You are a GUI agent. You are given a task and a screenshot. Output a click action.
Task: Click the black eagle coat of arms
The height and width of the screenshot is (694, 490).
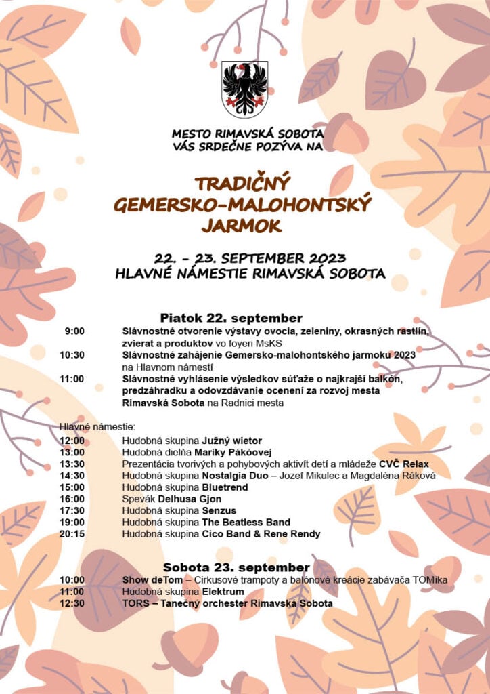245,89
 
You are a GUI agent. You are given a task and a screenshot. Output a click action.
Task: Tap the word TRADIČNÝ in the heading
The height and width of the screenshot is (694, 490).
242,184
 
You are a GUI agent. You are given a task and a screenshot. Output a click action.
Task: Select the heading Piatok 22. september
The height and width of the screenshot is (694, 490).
231,318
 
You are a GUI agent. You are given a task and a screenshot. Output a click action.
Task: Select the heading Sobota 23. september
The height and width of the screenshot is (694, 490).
236,567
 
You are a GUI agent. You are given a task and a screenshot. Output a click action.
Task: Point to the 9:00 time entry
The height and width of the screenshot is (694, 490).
74,331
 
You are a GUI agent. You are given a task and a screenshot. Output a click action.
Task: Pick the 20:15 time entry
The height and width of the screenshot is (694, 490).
72,534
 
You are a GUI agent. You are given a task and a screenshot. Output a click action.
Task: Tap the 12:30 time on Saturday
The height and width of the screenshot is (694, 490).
72,603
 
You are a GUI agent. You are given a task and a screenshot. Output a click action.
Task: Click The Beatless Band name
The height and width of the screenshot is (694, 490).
246,523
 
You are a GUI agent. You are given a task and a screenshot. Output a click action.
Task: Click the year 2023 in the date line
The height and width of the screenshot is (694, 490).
327,258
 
